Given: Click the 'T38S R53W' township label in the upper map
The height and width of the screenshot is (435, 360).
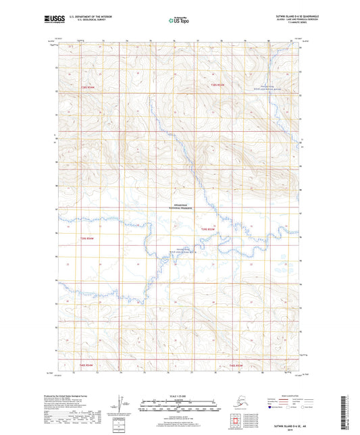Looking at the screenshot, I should (217, 84).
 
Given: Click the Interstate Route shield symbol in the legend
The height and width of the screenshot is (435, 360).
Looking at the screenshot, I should (253, 408).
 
